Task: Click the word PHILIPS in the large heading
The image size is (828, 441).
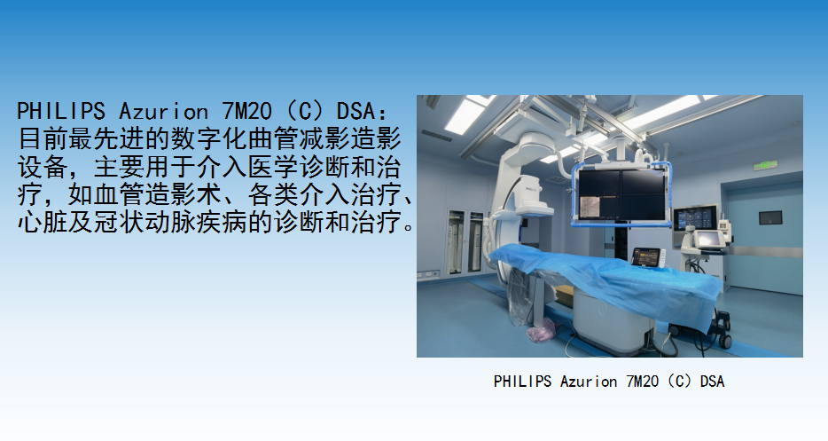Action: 61,111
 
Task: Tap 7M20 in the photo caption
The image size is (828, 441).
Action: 642,382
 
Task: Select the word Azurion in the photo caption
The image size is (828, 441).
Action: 589,382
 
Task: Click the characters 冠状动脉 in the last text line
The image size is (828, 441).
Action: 145,222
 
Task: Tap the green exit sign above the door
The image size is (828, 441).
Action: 765,166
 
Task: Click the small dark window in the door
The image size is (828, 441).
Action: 769,217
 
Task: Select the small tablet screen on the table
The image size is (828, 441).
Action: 647,257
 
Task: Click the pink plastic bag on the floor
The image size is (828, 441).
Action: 542,330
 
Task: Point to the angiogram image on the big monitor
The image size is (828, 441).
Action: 595,208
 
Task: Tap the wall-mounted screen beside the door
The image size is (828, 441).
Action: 694,218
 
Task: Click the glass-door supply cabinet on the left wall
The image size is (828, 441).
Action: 465,241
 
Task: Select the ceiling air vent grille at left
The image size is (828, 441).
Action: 436,135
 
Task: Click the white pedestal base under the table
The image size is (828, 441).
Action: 613,320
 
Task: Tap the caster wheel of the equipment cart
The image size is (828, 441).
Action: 725,341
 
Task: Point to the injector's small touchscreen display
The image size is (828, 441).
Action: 707,240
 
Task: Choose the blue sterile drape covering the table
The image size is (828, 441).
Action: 607,280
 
